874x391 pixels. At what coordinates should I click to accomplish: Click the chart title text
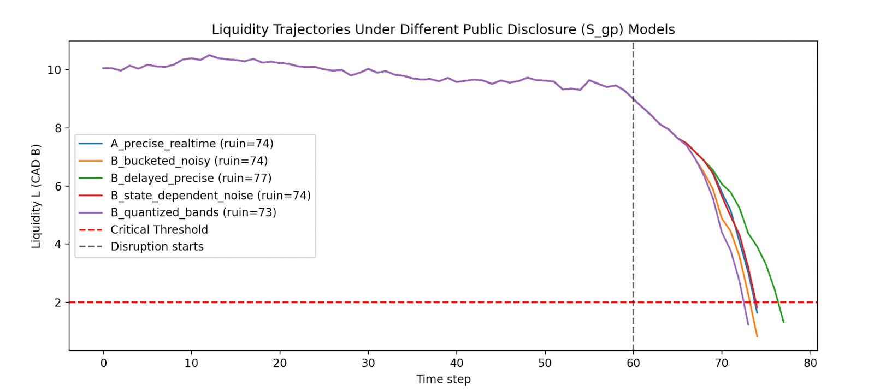click(443, 29)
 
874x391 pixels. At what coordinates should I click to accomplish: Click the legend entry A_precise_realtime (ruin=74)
click(192, 144)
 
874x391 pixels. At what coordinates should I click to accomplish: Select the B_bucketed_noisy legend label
click(189, 161)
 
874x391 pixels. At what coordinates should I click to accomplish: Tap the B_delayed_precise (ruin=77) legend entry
click(191, 178)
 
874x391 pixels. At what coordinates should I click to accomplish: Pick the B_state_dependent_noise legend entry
click(210, 195)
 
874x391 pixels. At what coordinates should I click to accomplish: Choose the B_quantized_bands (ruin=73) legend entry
click(193, 212)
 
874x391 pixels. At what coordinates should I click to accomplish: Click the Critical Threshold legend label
click(159, 230)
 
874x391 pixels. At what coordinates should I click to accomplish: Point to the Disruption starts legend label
click(157, 247)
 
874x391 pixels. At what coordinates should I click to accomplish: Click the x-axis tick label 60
click(633, 363)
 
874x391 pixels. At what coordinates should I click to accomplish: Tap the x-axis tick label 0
click(103, 363)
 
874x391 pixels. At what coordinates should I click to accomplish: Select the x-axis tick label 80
click(810, 363)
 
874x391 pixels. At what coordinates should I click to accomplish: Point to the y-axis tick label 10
click(54, 70)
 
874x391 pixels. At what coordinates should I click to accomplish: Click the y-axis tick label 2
click(57, 303)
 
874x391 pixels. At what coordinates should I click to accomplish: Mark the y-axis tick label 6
click(57, 186)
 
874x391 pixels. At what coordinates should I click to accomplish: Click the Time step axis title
click(443, 379)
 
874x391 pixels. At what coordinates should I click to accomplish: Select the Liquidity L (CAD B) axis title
click(36, 196)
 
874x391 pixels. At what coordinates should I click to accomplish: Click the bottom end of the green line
click(783, 322)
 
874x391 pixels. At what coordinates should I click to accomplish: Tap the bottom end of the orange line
click(757, 336)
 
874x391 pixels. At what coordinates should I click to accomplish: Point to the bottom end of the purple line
click(748, 325)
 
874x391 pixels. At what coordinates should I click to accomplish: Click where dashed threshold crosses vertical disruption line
click(633, 302)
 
